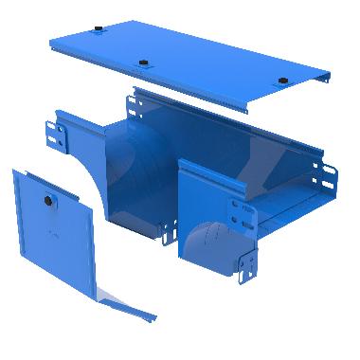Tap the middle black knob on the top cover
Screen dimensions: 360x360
pyautogui.click(x=143, y=64)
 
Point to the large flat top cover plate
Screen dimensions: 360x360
pyautogui.click(x=189, y=57)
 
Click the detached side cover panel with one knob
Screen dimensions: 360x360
pyautogui.click(x=57, y=237)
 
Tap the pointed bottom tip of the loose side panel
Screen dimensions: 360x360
pyautogui.click(x=152, y=313)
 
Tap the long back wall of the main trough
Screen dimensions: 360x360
pyautogui.click(x=237, y=133)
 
